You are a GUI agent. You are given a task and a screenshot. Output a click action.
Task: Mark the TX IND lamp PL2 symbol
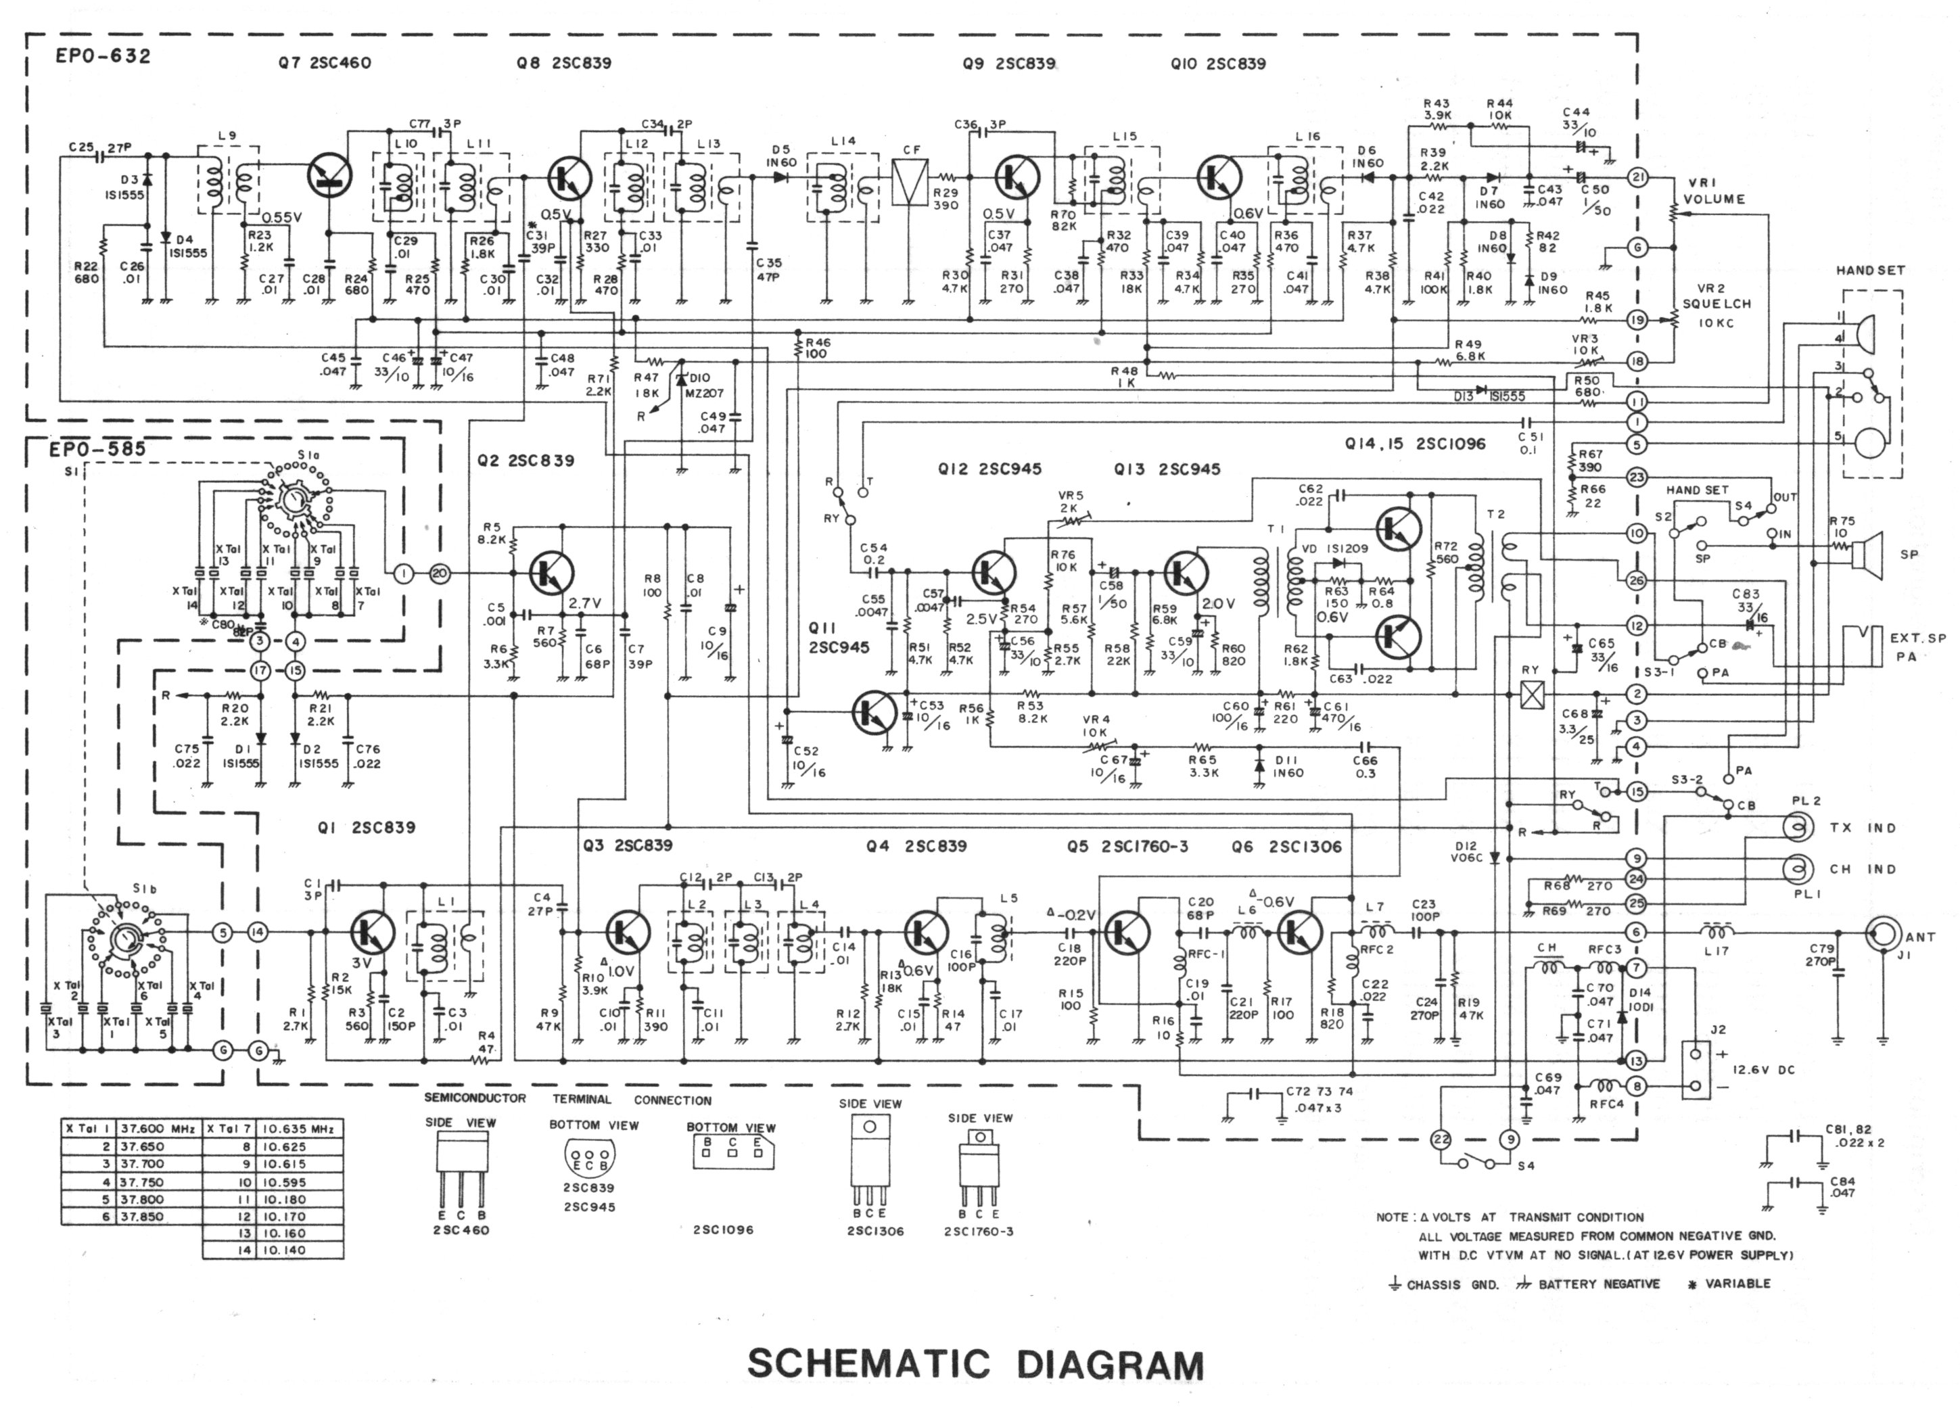pyautogui.click(x=1798, y=827)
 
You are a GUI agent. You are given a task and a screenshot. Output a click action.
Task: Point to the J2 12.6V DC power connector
pyautogui.click(x=1696, y=1070)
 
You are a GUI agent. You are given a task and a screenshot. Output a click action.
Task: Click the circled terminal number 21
pyautogui.click(x=1637, y=177)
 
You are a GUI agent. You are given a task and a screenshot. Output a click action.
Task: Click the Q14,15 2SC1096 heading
pyautogui.click(x=1415, y=444)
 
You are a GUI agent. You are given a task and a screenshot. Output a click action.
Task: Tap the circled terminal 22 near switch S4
pyautogui.click(x=1440, y=1140)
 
